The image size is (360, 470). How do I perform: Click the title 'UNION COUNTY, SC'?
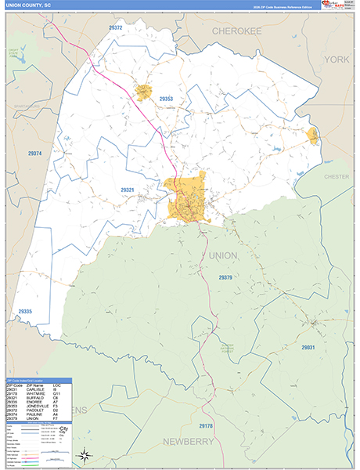(x=30, y=5)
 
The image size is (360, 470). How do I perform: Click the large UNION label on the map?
(x=223, y=255)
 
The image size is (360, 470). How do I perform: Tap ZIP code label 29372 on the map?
(x=115, y=27)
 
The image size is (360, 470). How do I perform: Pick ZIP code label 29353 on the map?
(x=165, y=99)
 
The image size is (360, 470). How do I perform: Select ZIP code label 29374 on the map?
(x=34, y=154)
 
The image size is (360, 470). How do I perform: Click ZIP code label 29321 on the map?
(x=128, y=190)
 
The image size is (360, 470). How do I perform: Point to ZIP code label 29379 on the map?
(x=225, y=277)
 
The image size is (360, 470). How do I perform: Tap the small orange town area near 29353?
(x=143, y=93)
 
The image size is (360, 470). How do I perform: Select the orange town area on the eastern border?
(x=313, y=136)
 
